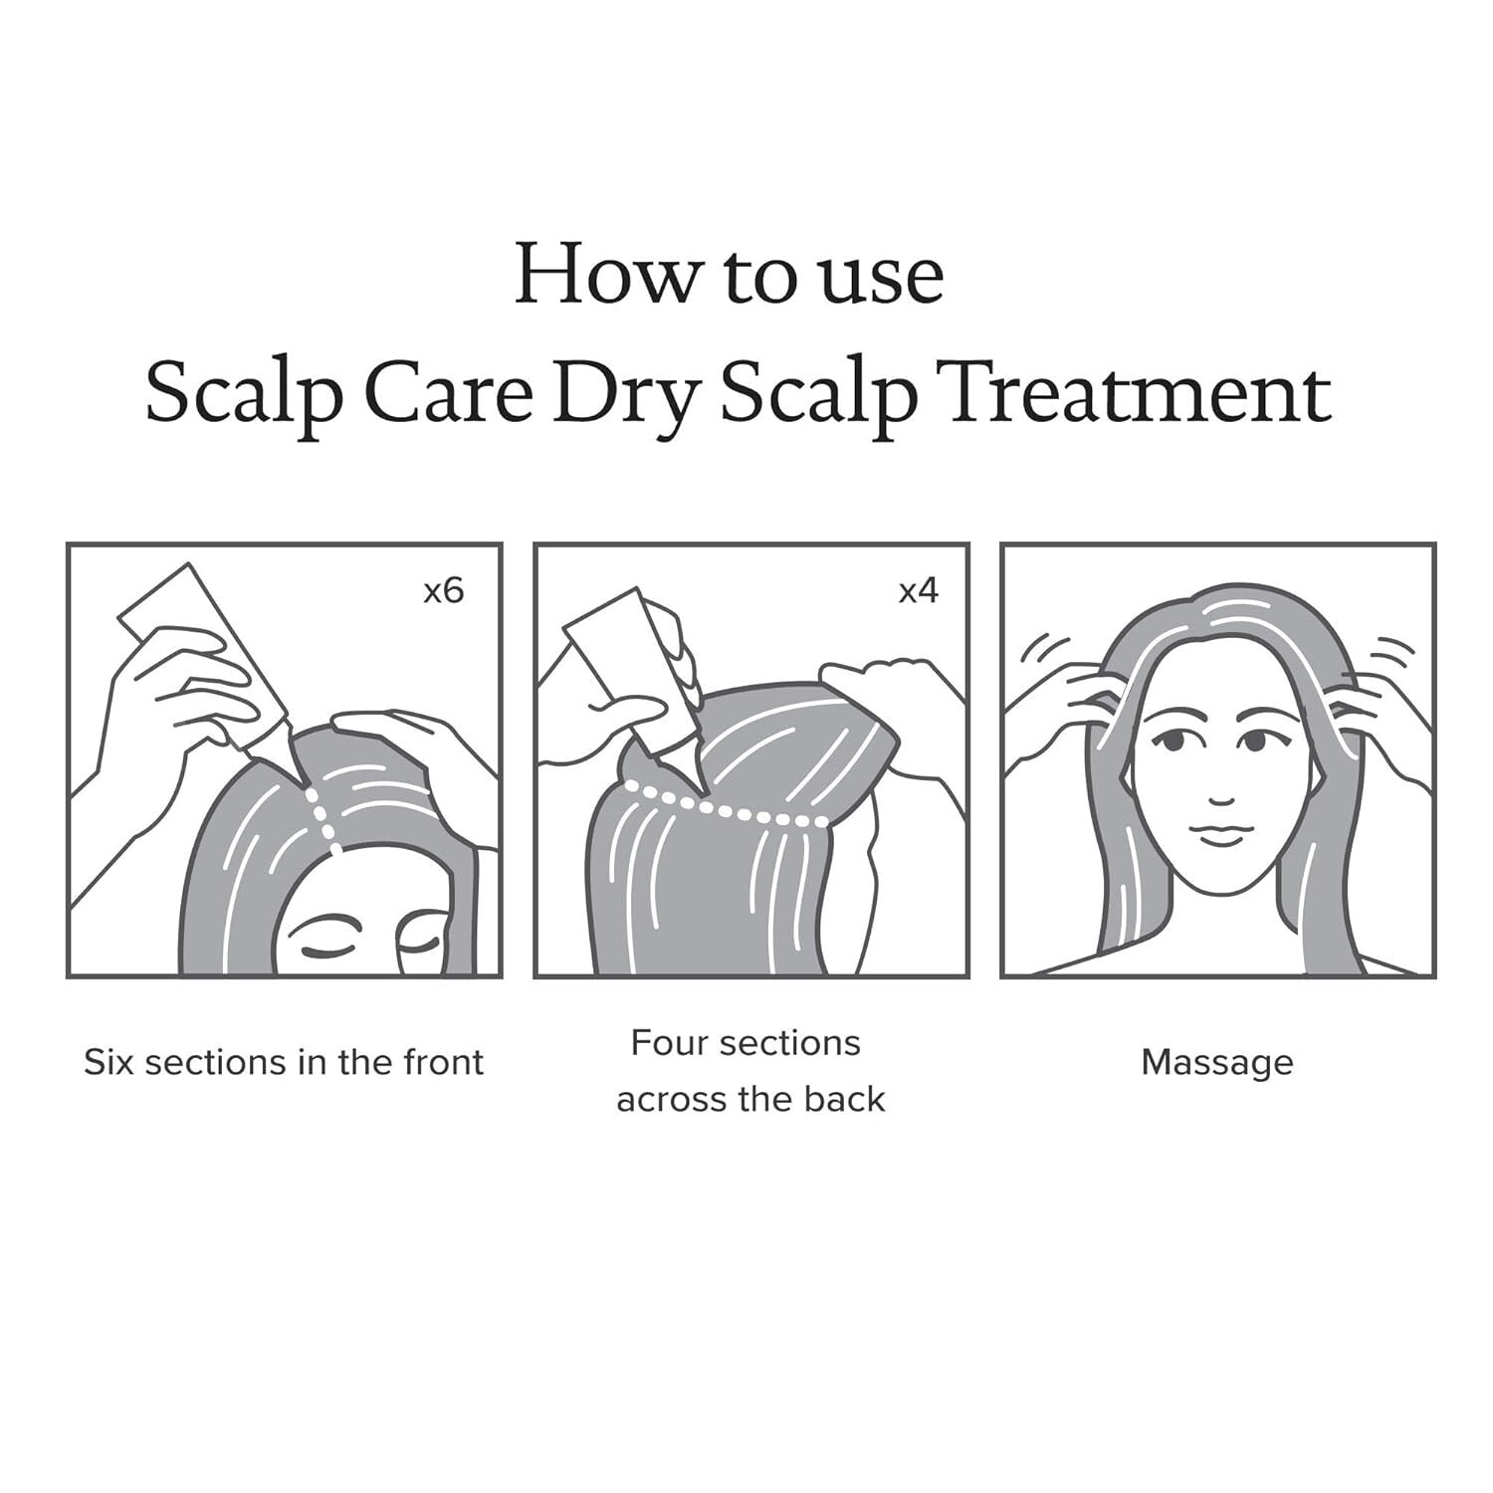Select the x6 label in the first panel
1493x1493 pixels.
[x=443, y=591]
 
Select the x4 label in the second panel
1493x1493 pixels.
[x=918, y=591]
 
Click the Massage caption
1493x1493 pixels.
[x=1216, y=1062]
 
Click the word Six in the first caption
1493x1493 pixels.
[x=107, y=1062]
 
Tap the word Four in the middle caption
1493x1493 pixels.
[x=669, y=1043]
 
